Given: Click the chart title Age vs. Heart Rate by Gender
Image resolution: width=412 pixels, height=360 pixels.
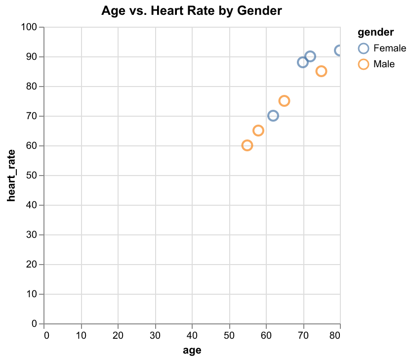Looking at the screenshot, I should point(192,10).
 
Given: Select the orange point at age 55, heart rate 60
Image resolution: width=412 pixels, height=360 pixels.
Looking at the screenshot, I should point(247,145).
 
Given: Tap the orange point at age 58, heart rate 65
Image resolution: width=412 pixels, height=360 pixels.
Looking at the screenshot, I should point(258,131).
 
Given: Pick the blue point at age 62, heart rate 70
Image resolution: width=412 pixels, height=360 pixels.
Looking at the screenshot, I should point(273,116).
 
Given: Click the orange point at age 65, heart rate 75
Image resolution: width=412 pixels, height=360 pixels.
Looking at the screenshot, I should point(284,101).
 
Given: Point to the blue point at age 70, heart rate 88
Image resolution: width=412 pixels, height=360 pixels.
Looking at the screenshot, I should point(303,62).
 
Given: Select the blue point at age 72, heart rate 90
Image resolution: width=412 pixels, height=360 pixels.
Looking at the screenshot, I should point(310,56).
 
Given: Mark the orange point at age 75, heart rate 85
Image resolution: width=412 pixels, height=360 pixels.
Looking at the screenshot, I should point(321,71).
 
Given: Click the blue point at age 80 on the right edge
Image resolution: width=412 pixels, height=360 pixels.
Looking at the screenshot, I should point(339,50).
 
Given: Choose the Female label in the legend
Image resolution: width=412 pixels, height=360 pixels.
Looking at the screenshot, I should point(390,48).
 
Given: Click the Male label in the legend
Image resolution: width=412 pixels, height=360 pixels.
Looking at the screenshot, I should point(384,64).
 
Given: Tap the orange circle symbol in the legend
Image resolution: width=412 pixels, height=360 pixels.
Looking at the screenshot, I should point(364,64).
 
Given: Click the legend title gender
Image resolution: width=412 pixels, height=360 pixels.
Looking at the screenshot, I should point(375,33).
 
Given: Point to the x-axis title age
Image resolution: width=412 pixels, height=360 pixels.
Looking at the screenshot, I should point(192,350).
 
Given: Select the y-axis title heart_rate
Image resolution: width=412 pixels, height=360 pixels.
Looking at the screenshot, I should point(10,175).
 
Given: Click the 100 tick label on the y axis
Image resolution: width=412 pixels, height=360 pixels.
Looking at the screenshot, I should point(31,27).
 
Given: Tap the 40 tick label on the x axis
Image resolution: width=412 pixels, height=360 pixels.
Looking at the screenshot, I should point(193,335).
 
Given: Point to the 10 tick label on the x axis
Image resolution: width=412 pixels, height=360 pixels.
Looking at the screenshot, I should point(82,335).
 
